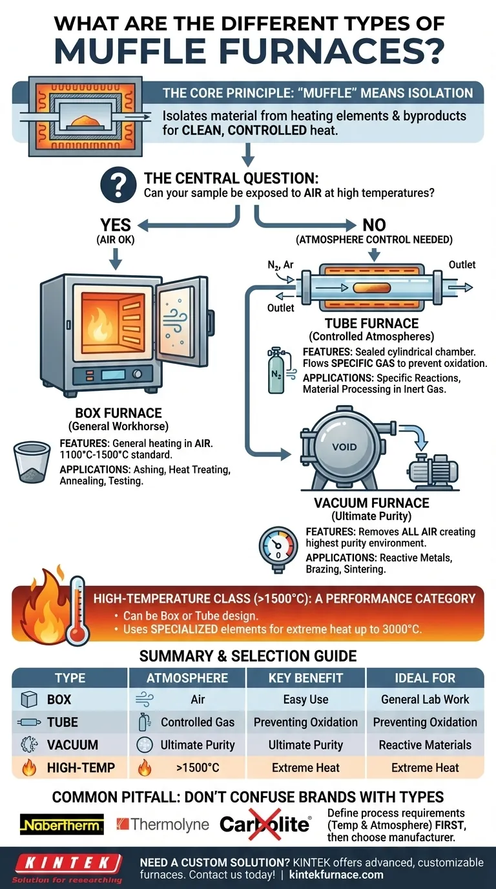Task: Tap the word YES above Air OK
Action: point(116,225)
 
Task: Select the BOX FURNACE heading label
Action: point(109,413)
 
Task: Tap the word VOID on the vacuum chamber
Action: point(344,446)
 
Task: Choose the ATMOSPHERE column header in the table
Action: point(187,678)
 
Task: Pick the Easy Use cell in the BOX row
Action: point(305,700)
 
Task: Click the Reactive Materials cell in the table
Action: point(425,745)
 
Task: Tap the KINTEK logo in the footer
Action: point(67,863)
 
